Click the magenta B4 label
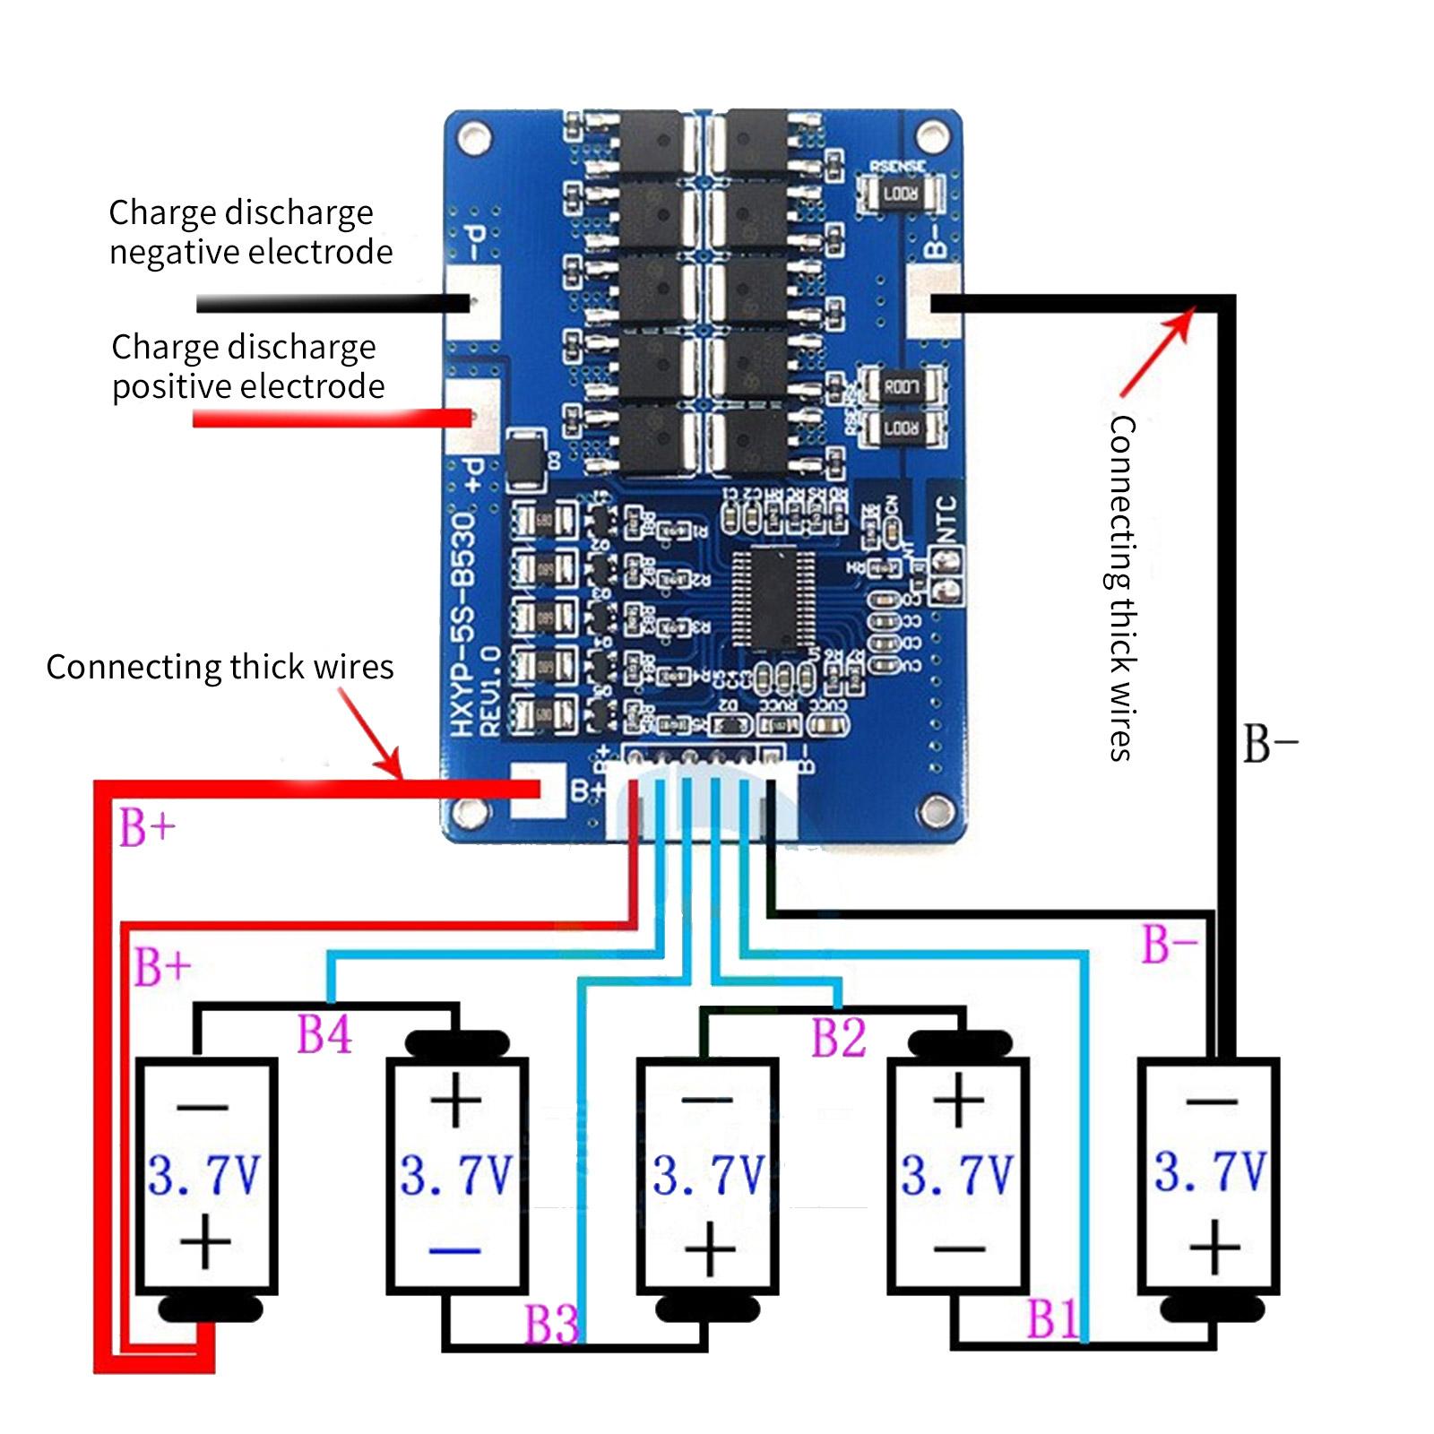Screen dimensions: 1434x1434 coord(324,1034)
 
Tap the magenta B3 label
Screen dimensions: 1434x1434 coord(551,1323)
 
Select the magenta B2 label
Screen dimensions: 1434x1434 coord(838,1038)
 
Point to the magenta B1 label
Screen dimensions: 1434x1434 coord(1052,1318)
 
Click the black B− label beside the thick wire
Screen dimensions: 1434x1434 coord(1270,743)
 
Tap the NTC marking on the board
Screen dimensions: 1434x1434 coord(946,518)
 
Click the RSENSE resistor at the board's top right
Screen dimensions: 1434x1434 coord(900,193)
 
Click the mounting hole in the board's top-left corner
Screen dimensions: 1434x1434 coord(474,137)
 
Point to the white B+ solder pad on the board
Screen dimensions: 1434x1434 coord(537,790)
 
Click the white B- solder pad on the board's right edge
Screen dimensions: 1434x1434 coord(933,301)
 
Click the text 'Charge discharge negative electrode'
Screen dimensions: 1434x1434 coord(250,232)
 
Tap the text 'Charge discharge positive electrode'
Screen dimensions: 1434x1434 coord(247,367)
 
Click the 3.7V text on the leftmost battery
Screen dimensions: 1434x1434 coord(204,1174)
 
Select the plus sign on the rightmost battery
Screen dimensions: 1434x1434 coord(1214,1246)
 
